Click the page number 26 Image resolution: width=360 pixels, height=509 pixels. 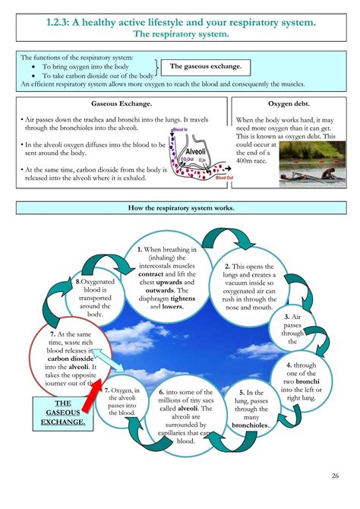click(x=335, y=476)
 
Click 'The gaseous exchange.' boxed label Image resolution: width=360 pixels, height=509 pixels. click(x=200, y=67)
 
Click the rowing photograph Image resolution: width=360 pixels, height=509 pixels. click(x=312, y=164)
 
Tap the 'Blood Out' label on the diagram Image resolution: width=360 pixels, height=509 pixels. click(x=225, y=178)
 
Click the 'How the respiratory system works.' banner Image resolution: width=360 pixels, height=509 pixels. click(x=180, y=208)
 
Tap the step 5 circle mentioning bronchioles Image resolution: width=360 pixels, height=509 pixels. click(x=254, y=419)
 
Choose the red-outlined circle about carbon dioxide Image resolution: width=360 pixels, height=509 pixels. click(x=63, y=360)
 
